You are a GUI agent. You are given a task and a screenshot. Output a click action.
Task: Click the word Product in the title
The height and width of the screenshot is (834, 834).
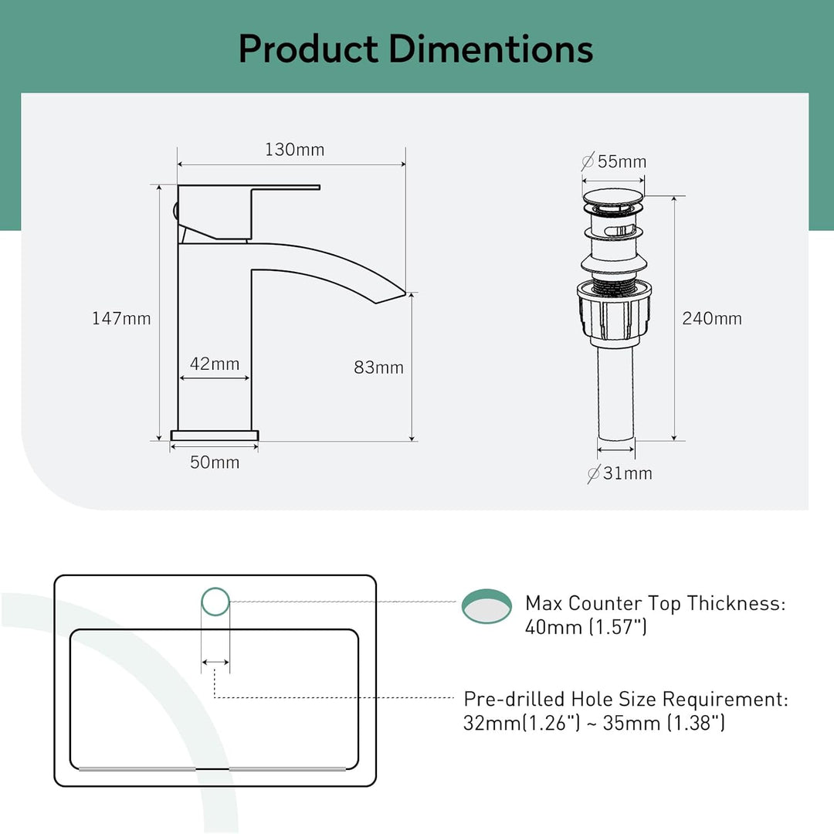[308, 49]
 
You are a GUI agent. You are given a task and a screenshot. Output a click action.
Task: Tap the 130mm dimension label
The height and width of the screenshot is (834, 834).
[295, 150]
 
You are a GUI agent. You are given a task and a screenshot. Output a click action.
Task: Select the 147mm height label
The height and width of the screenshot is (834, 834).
[121, 318]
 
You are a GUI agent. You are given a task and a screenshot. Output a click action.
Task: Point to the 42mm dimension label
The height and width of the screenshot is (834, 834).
[215, 364]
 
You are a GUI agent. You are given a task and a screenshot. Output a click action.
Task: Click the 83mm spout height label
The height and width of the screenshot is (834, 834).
[378, 368]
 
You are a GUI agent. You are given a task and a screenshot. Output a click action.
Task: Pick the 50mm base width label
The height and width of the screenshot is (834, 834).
[215, 463]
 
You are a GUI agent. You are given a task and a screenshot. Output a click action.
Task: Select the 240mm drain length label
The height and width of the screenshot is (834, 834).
[712, 318]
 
